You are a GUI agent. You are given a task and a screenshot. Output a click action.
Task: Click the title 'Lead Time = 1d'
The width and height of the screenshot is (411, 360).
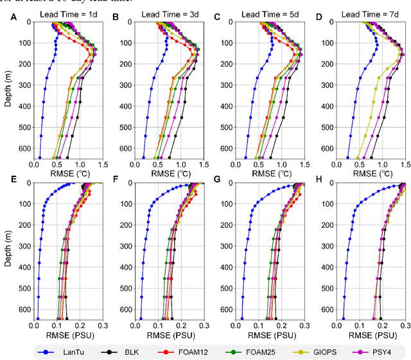[67, 13]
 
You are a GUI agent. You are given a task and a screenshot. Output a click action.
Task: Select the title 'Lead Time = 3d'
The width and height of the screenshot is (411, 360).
[170, 13]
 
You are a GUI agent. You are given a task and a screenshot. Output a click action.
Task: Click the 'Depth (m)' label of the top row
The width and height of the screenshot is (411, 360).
[8, 90]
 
